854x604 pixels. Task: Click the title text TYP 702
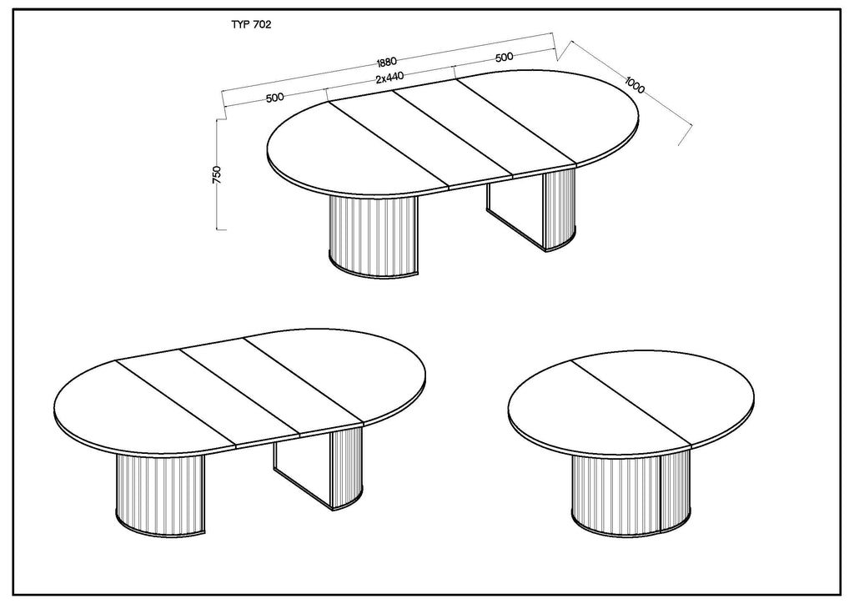pyautogui.click(x=251, y=24)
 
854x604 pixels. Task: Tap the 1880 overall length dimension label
pyautogui.click(x=386, y=61)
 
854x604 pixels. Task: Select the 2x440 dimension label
pyautogui.click(x=390, y=78)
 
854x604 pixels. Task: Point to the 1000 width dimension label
pyautogui.click(x=635, y=85)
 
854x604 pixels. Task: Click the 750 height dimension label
pyautogui.click(x=217, y=175)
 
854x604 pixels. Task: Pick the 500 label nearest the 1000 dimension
pyautogui.click(x=505, y=57)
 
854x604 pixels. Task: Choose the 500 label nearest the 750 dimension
pyautogui.click(x=275, y=98)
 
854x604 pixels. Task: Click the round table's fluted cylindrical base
pyautogui.click(x=631, y=495)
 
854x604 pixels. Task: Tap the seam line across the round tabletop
pyautogui.click(x=630, y=402)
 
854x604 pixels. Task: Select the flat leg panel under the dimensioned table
pyautogui.click(x=515, y=214)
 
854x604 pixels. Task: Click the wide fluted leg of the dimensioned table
pyautogui.click(x=373, y=237)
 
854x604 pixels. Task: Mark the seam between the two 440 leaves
pyautogui.click(x=453, y=134)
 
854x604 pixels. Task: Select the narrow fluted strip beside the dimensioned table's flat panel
pyautogui.click(x=560, y=209)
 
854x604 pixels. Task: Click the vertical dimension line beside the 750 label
pyautogui.click(x=217, y=174)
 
